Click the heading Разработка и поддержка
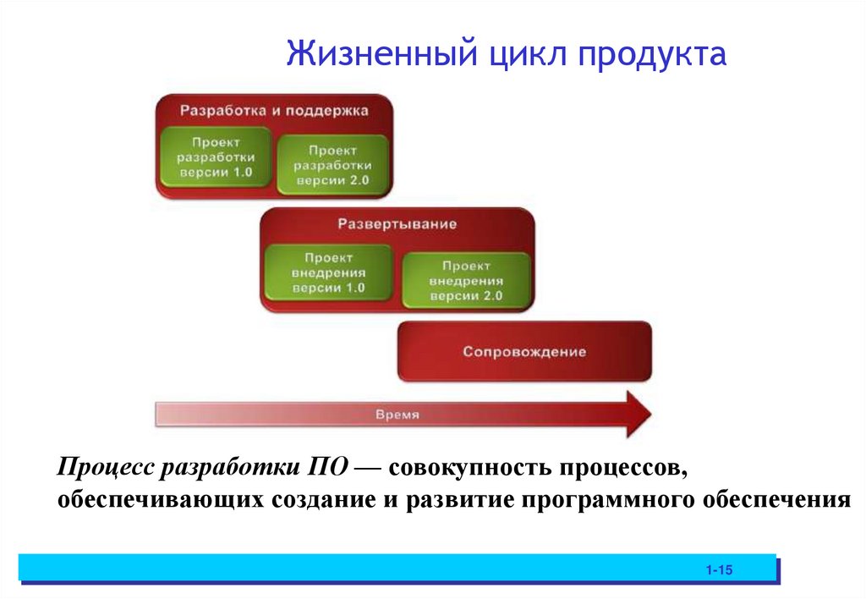tap(274, 110)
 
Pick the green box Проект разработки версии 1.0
tap(217, 157)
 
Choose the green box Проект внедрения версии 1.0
tap(328, 272)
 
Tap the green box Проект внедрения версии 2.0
tap(465, 281)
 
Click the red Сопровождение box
tap(524, 351)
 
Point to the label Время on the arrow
tap(397, 415)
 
